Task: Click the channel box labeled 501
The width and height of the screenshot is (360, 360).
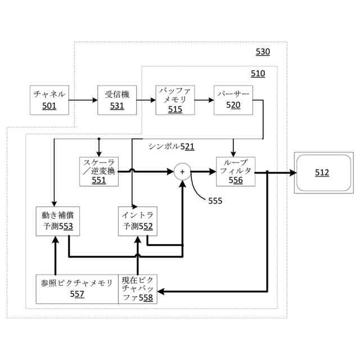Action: pyautogui.click(x=49, y=100)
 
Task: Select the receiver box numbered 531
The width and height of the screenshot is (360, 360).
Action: pyautogui.click(x=117, y=100)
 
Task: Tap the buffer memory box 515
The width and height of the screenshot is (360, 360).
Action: pyautogui.click(x=175, y=100)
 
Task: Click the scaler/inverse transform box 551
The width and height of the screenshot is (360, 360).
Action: pyautogui.click(x=98, y=171)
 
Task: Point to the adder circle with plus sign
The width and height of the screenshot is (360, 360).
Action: pyautogui.click(x=182, y=171)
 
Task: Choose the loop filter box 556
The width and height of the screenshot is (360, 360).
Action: pyautogui.click(x=236, y=171)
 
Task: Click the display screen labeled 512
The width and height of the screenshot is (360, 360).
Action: pyautogui.click(x=322, y=173)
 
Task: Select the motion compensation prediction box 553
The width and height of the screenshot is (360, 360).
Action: pyautogui.click(x=54, y=221)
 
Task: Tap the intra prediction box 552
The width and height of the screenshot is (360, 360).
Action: pyautogui.click(x=138, y=221)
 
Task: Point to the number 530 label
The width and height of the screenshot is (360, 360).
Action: pyautogui.click(x=263, y=52)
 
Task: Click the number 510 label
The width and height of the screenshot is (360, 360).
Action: pyautogui.click(x=258, y=74)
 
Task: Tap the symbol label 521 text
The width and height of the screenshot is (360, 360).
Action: pyautogui.click(x=172, y=146)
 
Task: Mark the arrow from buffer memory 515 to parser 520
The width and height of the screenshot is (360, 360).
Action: pyautogui.click(x=204, y=100)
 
